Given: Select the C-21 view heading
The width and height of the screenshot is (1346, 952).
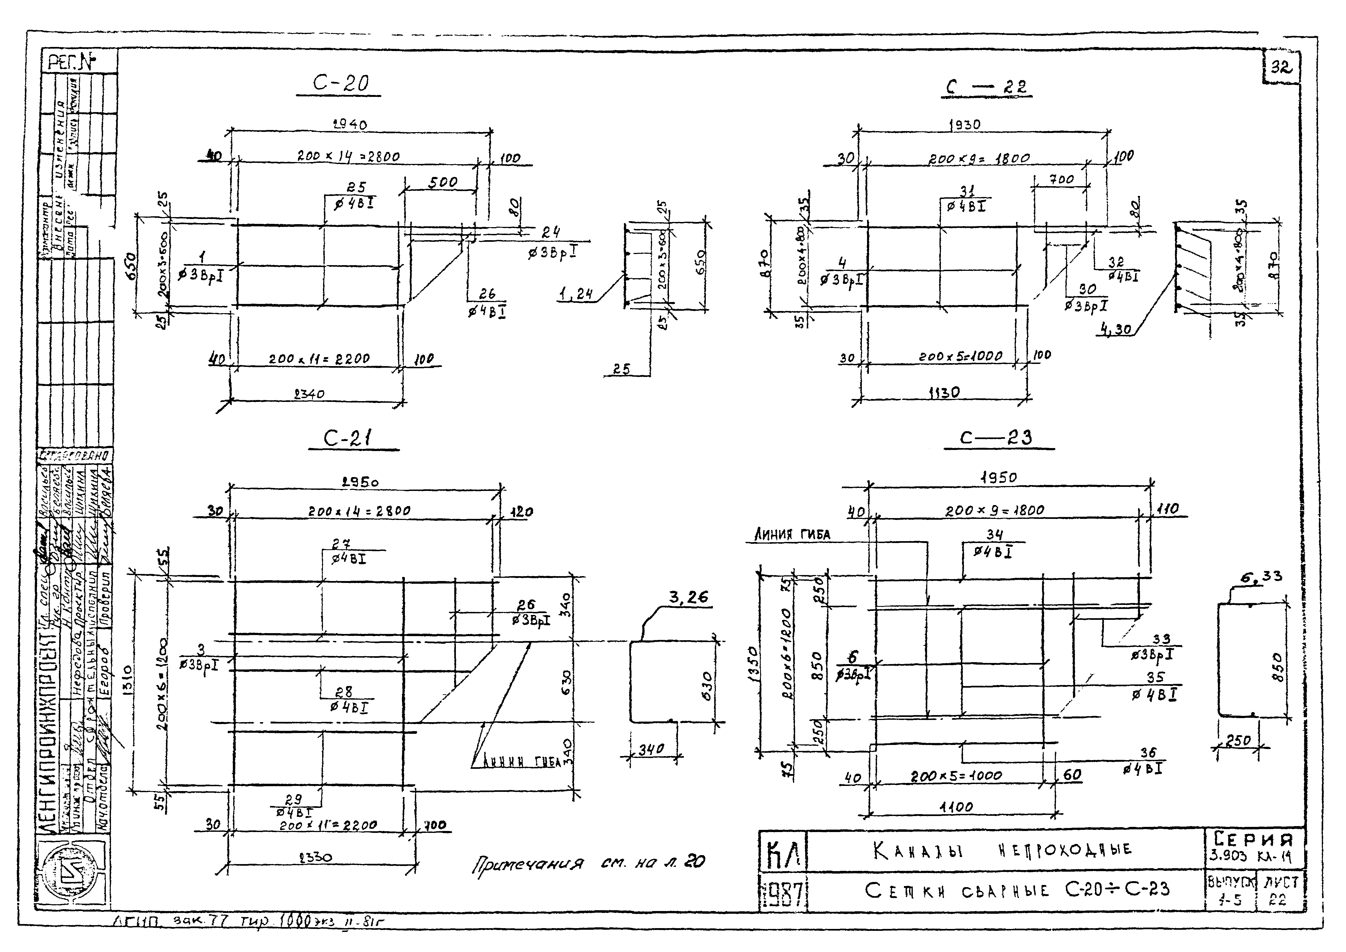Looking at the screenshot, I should coord(350,439).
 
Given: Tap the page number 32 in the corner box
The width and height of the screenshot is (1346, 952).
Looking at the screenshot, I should coord(1281,67).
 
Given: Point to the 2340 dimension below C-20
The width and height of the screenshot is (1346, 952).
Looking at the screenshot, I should coord(309,394).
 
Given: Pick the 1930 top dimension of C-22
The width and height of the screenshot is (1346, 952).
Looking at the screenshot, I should coord(964,124).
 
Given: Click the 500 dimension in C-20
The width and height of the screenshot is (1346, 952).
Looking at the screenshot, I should coord(443,182).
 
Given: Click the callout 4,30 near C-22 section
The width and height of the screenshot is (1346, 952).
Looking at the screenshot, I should coord(1116,330).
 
